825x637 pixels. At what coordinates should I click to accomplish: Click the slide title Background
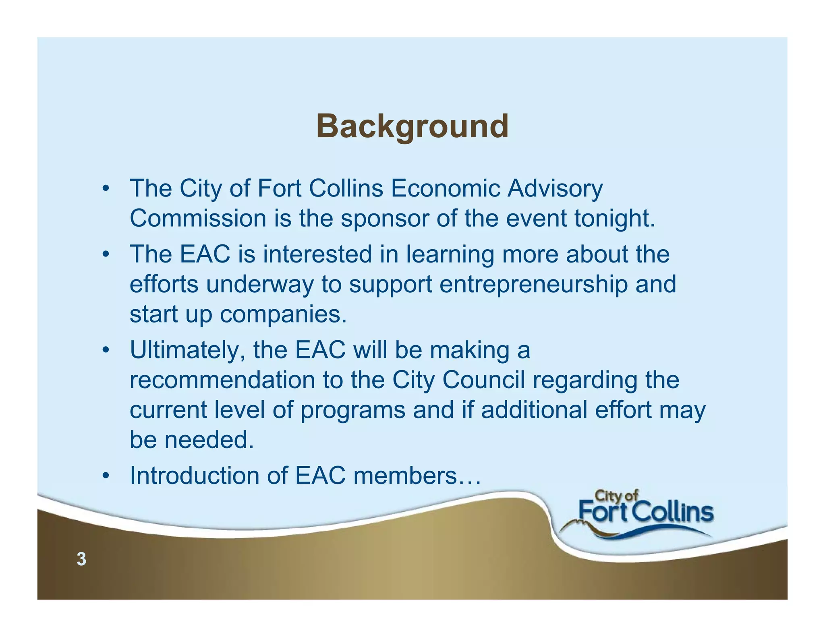click(412, 126)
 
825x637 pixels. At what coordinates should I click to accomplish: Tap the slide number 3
click(81, 559)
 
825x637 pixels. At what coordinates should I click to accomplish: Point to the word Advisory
click(555, 188)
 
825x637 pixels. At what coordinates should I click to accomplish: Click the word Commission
click(198, 218)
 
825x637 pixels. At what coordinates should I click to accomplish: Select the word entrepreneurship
click(533, 285)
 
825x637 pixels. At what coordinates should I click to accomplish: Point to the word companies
click(283, 315)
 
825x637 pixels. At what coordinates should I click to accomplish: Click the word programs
click(353, 411)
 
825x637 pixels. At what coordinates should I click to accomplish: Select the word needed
click(209, 440)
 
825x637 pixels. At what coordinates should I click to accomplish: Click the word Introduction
click(194, 476)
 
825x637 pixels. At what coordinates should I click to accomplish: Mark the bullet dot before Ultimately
click(106, 350)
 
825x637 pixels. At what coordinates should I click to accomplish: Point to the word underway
click(260, 285)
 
